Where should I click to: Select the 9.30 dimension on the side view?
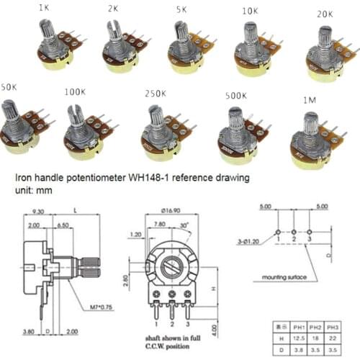pyautogui.click(x=38, y=212)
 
